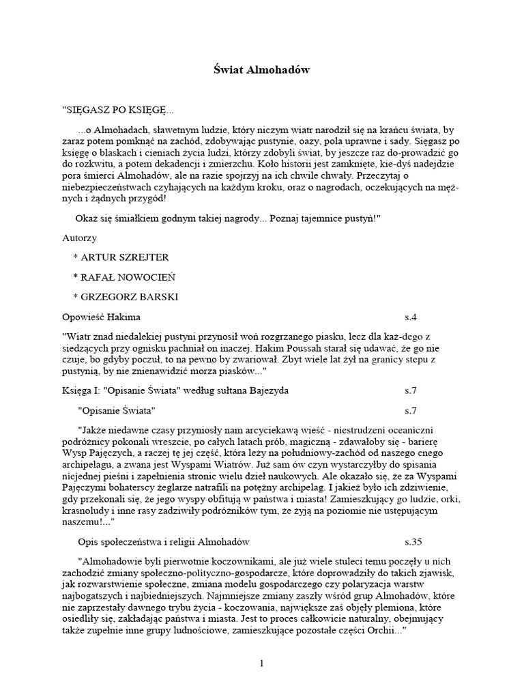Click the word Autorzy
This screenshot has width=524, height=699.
pos(79,238)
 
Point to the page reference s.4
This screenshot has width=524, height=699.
pos(409,317)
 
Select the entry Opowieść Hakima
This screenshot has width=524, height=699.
pos(101,317)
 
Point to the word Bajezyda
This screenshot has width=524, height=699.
pos(268,391)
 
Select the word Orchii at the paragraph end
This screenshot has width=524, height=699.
pos(381,631)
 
